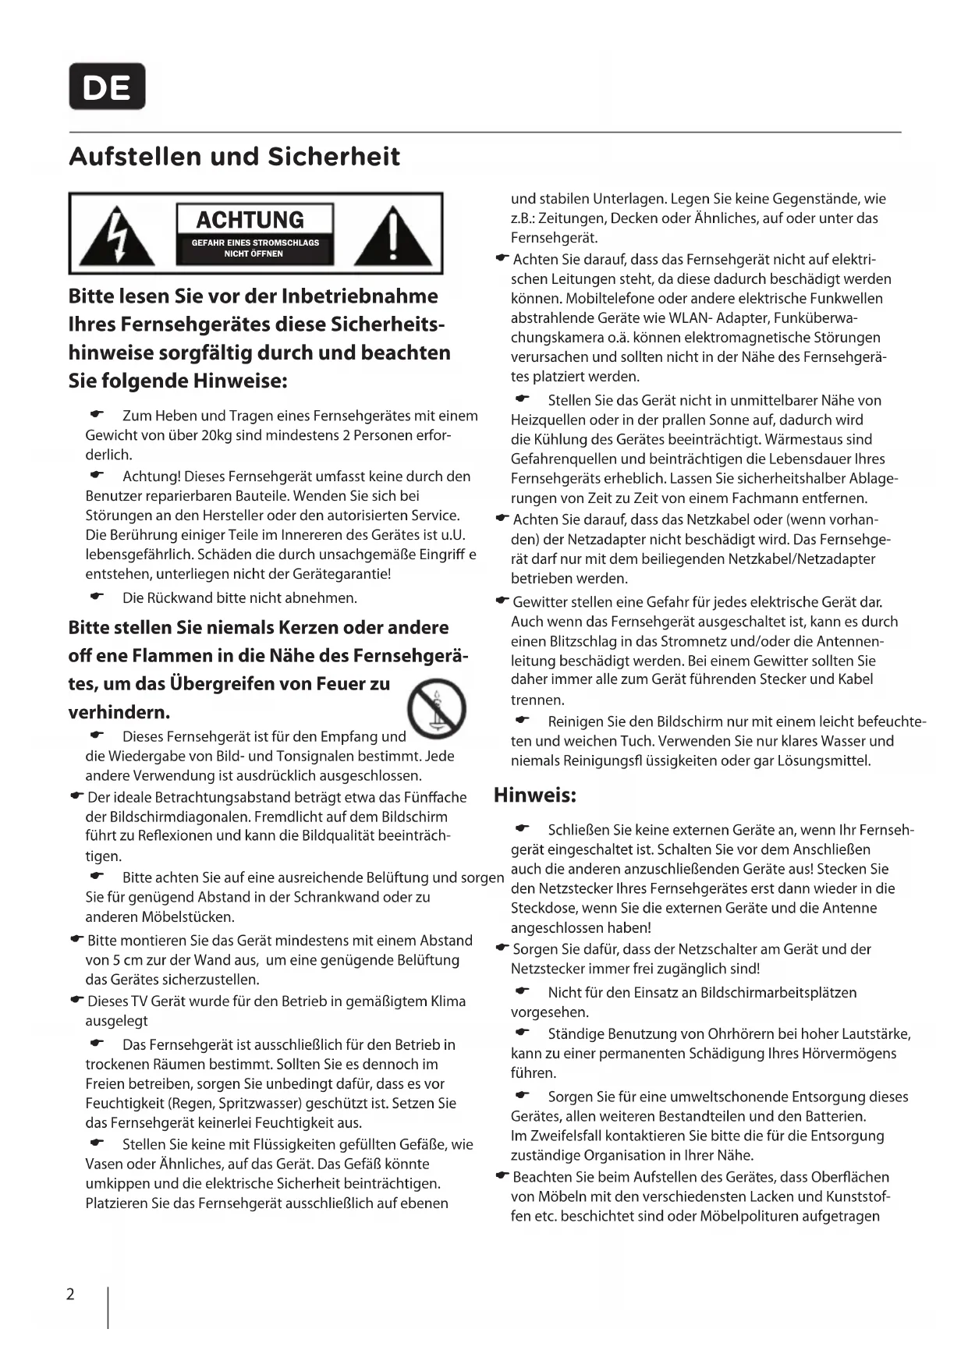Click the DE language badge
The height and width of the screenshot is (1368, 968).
107,87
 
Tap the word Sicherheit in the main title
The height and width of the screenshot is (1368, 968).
334,157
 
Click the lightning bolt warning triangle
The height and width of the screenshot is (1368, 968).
117,235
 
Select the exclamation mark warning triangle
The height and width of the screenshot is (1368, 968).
394,235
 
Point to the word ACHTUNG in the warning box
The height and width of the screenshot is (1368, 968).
250,220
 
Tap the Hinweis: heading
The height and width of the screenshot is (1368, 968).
535,796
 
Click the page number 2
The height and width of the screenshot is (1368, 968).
70,1295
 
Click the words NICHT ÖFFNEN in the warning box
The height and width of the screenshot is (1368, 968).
254,253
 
